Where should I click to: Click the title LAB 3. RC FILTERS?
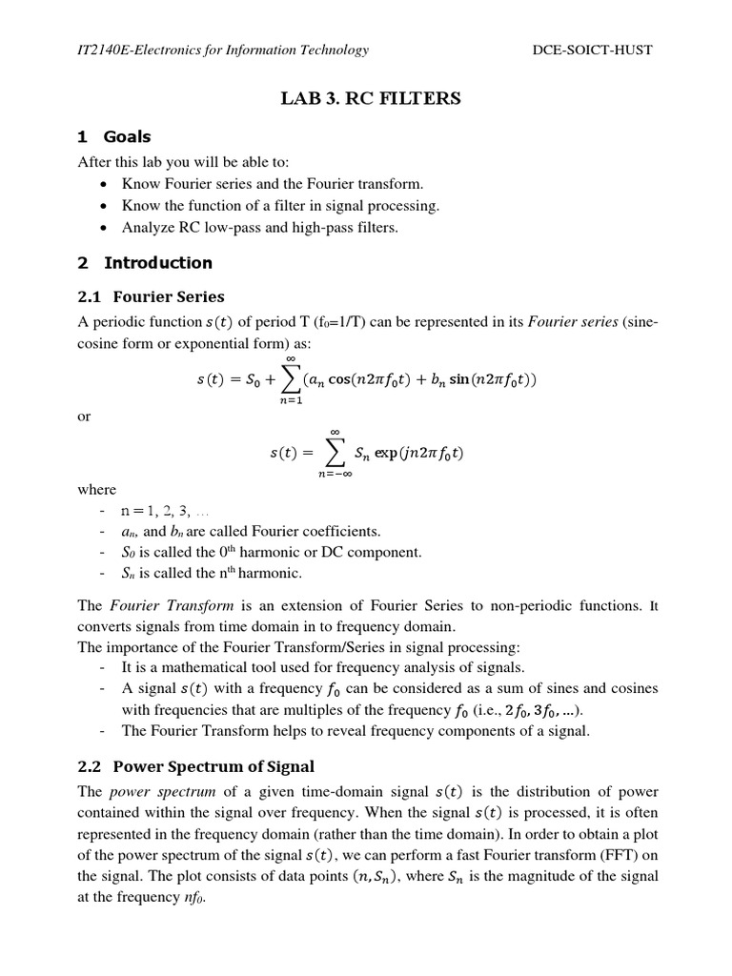[x=366, y=97]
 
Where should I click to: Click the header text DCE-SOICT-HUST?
[x=592, y=50]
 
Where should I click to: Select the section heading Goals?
[x=127, y=136]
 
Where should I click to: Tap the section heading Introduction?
[x=157, y=262]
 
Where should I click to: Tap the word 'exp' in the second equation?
[x=386, y=454]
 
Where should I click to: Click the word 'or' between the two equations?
[x=83, y=417]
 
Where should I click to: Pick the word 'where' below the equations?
[x=95, y=489]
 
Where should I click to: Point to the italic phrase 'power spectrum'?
[x=143, y=792]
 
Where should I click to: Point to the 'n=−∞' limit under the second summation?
[x=335, y=475]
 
